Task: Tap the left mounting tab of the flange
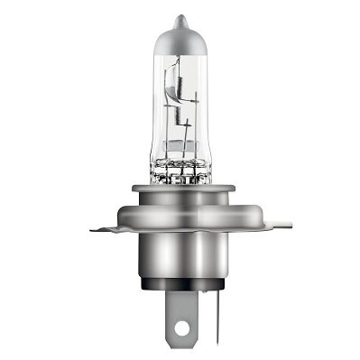click(106, 229)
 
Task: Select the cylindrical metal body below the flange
click(180, 262)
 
